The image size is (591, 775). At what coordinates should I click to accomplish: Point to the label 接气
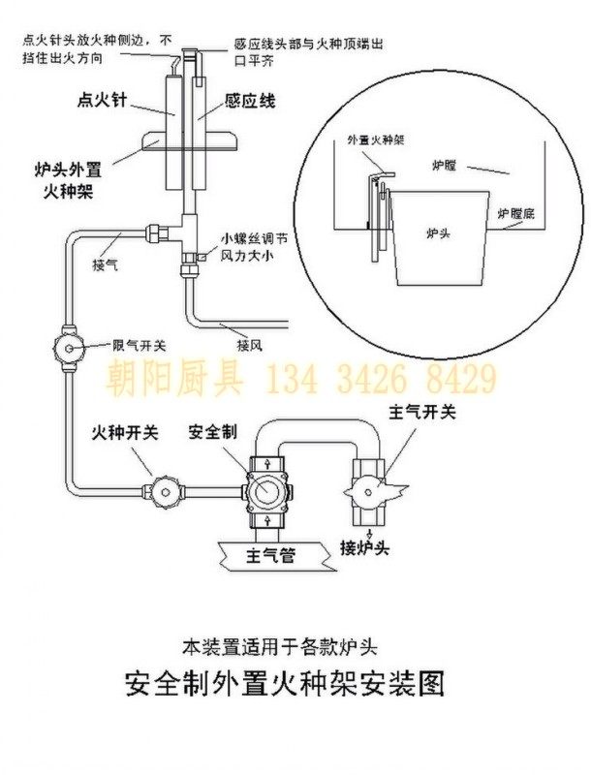click(105, 263)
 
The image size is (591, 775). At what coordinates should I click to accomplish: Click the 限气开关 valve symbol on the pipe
click(69, 345)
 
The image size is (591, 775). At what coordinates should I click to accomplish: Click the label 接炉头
click(363, 548)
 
